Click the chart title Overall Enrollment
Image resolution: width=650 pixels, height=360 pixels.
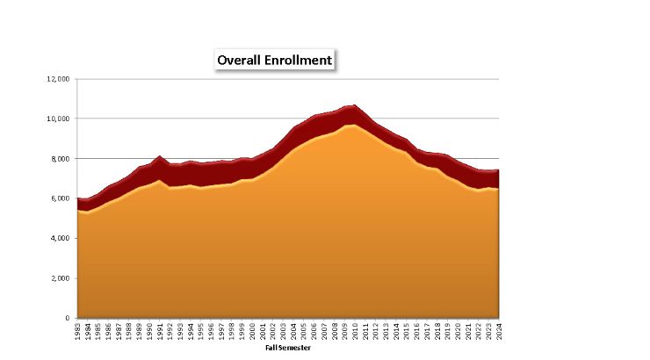tap(275, 60)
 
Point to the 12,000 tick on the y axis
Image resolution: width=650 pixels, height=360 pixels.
tap(59, 78)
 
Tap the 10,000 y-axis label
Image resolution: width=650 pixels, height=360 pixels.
tap(59, 119)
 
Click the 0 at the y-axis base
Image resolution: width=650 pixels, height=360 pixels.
tap(69, 318)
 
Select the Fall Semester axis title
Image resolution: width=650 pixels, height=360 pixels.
tap(288, 348)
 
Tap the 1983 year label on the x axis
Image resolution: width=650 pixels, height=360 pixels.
tap(78, 331)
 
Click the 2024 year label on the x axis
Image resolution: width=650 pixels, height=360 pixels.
tap(498, 331)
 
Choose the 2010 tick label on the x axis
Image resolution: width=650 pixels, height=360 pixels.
tap(355, 331)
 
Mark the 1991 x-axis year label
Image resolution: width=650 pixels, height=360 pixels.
tap(160, 331)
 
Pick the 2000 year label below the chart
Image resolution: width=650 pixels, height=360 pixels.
tap(252, 331)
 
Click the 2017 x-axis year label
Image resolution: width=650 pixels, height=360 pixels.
tap(427, 331)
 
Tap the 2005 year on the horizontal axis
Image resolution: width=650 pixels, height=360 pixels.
tap(304, 331)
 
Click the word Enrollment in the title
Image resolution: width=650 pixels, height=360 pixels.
tap(301, 60)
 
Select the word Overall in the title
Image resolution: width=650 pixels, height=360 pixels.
tap(242, 60)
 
